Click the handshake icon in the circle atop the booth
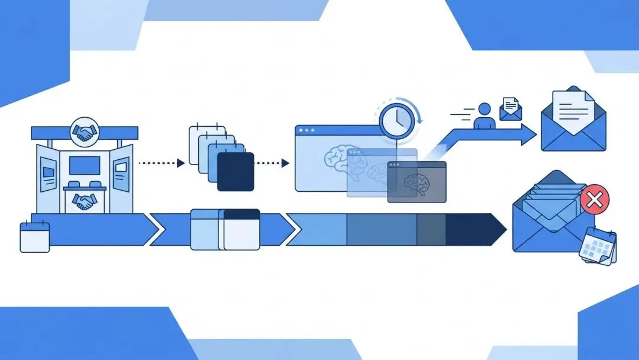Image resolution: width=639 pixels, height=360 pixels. (x=85, y=132)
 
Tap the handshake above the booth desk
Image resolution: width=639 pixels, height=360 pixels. (x=85, y=202)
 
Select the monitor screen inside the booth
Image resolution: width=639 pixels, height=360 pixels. (x=85, y=166)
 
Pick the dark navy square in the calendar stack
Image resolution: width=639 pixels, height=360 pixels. (x=235, y=172)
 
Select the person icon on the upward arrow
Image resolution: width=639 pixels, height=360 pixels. (x=485, y=115)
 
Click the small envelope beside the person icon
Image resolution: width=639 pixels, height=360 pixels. (x=510, y=109)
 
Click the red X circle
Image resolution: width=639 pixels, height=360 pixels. (x=595, y=200)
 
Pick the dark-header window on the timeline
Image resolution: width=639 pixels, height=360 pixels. (x=241, y=229)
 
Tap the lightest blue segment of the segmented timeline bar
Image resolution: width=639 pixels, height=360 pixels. (x=317, y=229)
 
